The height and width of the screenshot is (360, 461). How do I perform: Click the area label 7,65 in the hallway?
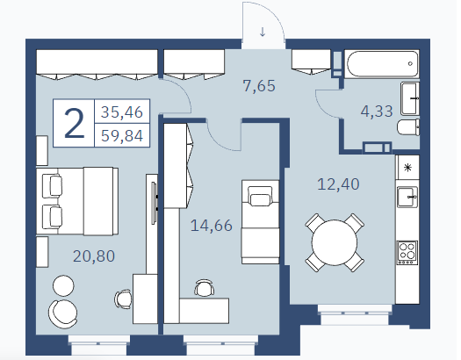pos(259,86)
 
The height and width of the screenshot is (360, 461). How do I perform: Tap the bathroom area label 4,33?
pos(377,112)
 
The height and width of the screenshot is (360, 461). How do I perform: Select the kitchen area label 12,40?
pos(338,184)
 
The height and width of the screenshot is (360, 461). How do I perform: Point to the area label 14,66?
pos(212,226)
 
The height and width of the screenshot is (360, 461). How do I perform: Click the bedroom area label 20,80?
pos(94,256)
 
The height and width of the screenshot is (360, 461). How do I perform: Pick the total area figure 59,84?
pos(122,136)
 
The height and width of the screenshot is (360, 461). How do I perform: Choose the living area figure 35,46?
pos(122,112)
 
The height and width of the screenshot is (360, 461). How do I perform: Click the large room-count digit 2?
pos(74,123)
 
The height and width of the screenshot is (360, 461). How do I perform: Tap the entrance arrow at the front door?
pos(263,32)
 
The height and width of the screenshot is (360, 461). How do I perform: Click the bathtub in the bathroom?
pos(382,64)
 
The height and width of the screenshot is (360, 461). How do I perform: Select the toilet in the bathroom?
pos(408,127)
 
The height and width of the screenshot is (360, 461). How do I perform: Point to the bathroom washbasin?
pos(410,98)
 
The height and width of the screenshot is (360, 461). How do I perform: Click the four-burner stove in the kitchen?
pos(407,253)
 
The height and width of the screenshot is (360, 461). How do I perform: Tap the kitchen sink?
pos(407,198)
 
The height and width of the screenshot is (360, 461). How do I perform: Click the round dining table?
pos(335,242)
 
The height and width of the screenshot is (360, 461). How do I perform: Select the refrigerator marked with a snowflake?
pos(407,168)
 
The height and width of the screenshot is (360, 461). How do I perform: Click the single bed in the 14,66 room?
pos(260,222)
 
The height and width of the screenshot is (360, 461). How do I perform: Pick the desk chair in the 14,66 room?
pos(204,288)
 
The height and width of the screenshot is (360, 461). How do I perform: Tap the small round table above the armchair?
pos(63,285)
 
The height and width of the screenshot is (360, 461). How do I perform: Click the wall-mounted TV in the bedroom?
pos(154,203)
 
